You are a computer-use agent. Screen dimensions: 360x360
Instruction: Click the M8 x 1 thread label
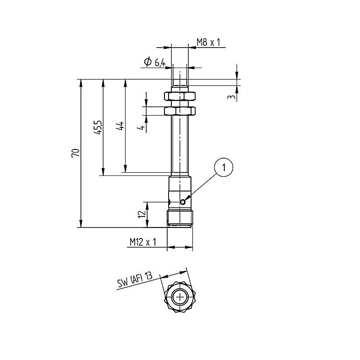pos(208,42)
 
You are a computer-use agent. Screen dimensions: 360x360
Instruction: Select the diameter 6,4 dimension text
pos(155,62)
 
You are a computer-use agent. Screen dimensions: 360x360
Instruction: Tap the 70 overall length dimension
pos(76,153)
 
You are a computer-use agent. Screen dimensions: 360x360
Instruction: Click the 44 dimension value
pos(120,126)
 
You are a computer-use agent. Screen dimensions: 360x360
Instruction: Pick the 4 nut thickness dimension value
pos(142,127)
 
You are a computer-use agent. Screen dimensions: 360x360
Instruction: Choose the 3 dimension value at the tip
pos(232,97)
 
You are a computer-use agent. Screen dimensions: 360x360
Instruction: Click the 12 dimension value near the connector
pos(143,214)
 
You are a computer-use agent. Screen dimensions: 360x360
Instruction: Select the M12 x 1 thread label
pos(143,242)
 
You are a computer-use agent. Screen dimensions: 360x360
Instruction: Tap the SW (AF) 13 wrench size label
pos(134,281)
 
